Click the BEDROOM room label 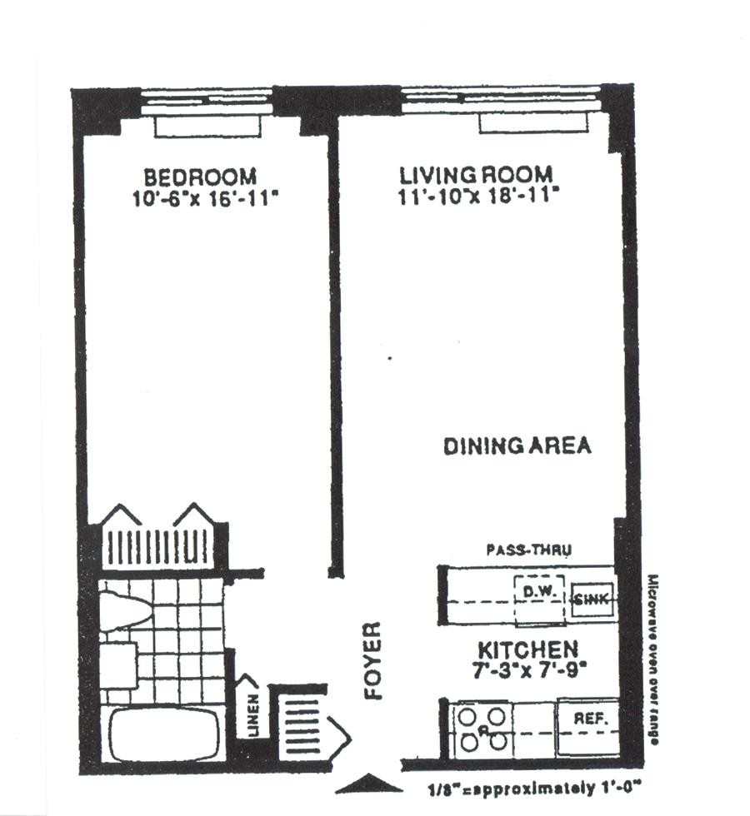[200, 177]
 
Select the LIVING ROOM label [476, 175]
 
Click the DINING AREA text [517, 446]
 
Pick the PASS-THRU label [528, 550]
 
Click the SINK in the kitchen [592, 600]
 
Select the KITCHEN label [527, 649]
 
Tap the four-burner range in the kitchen [483, 730]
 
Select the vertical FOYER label [373, 660]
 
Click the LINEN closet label [253, 714]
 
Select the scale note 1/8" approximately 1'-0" [532, 789]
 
